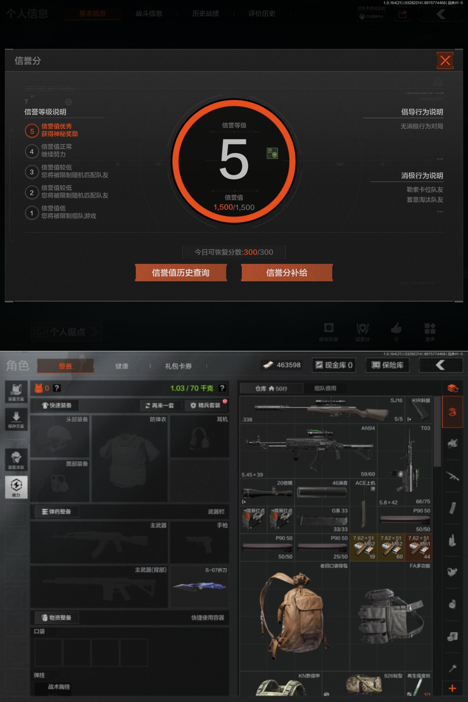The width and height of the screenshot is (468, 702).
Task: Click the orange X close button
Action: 445,61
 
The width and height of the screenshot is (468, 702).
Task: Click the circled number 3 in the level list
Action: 32,172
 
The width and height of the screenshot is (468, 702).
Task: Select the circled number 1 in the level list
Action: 32,213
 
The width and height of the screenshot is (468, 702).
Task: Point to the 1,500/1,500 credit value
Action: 234,207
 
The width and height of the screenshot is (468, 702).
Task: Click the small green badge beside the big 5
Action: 272,153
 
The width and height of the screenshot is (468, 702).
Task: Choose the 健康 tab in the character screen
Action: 122,366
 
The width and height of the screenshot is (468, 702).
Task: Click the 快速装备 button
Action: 57,405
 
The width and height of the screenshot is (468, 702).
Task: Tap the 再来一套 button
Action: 160,406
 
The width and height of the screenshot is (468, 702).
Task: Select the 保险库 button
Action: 387,365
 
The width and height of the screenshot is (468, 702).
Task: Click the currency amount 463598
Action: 282,365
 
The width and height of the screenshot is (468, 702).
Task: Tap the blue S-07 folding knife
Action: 199,586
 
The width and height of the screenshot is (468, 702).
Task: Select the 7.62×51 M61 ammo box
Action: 418,547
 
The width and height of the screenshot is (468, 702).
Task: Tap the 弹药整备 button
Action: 57,512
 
